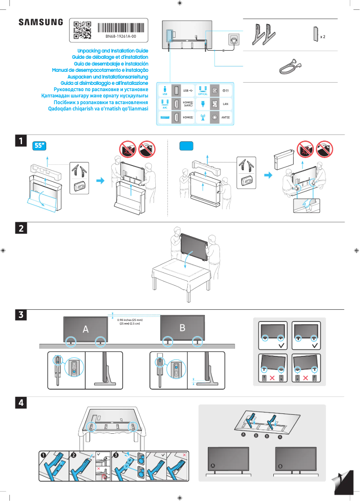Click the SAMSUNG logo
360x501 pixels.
point(40,22)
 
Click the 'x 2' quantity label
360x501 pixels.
point(322,36)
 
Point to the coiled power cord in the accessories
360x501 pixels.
point(287,67)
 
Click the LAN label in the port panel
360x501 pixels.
point(226,104)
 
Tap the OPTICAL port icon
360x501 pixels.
point(202,90)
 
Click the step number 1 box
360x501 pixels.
point(21,141)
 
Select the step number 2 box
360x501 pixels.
point(21,228)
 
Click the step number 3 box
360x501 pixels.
point(21,315)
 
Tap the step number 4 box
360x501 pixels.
point(21,403)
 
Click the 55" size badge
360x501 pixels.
point(40,146)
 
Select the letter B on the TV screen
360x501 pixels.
point(182,328)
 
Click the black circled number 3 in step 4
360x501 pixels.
point(116,455)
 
